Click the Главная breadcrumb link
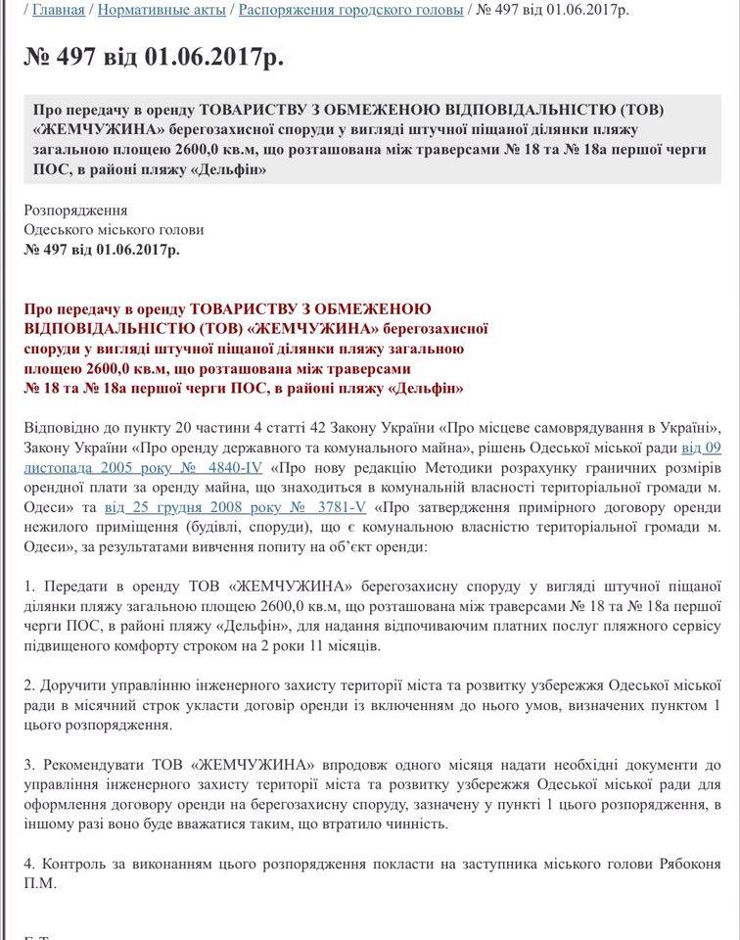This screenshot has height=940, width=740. point(59,11)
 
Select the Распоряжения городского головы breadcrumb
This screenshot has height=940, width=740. point(351,11)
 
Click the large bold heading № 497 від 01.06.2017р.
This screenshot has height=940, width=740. point(154,57)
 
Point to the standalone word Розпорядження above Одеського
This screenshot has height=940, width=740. point(76,211)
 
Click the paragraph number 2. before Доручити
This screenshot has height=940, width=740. point(29,686)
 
